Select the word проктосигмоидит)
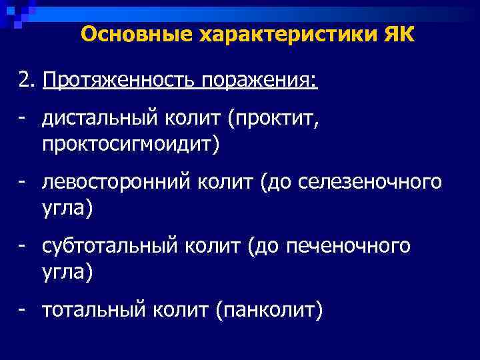129,143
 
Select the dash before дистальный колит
23,119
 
